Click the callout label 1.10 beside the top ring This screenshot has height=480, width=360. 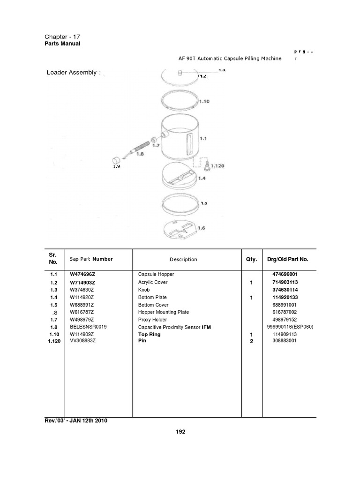(204, 101)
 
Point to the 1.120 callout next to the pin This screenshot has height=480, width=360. (217, 165)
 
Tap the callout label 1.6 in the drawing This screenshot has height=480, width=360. (202, 228)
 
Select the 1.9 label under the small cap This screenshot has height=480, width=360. (116, 165)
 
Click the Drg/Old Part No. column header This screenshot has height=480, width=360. (287, 259)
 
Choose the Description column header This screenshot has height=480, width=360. (183, 259)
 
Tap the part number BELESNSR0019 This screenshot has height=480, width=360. (88, 327)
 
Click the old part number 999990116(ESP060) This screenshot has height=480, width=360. (289, 327)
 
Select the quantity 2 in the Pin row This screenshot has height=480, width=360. (251, 341)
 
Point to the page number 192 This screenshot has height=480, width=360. (180, 432)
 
